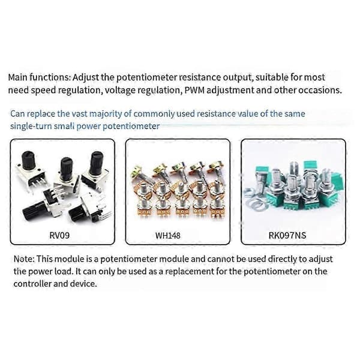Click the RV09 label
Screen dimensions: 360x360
point(59,235)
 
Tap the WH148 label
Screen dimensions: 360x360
point(168,236)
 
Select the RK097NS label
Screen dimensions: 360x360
point(287,236)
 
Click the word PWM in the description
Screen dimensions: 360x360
point(194,90)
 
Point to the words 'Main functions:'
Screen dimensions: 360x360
point(39,77)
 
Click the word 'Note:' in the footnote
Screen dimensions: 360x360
point(24,259)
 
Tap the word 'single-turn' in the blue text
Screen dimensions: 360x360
point(31,126)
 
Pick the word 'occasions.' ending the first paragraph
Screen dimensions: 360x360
point(320,90)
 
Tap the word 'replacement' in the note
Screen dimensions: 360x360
point(190,272)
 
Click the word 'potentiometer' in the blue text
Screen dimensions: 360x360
point(131,126)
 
